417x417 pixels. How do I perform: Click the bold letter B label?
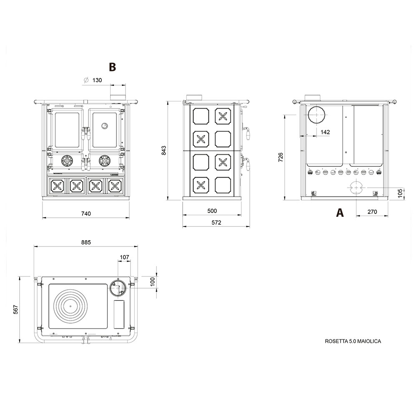113,67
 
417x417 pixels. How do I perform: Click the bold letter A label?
340,213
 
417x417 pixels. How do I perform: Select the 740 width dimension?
86,214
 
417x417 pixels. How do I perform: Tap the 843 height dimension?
164,150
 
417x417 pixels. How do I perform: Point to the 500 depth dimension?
212,211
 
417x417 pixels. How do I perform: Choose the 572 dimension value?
216,223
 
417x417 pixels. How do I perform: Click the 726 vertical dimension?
281,157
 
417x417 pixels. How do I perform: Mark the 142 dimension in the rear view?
325,132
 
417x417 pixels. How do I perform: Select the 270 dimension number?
372,212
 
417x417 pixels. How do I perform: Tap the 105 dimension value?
400,193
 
